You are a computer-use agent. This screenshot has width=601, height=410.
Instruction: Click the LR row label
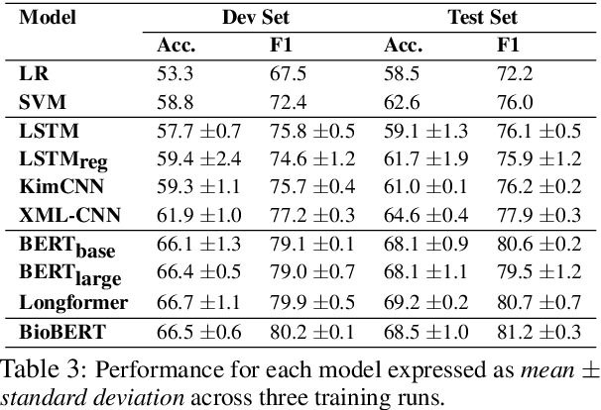coord(31,71)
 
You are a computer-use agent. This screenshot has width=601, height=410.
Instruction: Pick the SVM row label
coord(38,100)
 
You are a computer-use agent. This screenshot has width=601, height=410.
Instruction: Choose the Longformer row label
coord(63,299)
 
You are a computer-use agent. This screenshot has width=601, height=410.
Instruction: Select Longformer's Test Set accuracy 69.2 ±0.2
coord(425,299)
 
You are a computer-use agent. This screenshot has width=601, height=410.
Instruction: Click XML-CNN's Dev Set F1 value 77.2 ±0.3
coord(312,214)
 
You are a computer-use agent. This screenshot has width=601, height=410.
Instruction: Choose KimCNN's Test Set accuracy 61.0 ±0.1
coord(425,185)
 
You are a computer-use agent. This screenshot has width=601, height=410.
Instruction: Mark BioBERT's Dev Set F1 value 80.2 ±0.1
coord(312,331)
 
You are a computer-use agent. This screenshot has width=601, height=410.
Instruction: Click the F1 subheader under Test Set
coord(507,45)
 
